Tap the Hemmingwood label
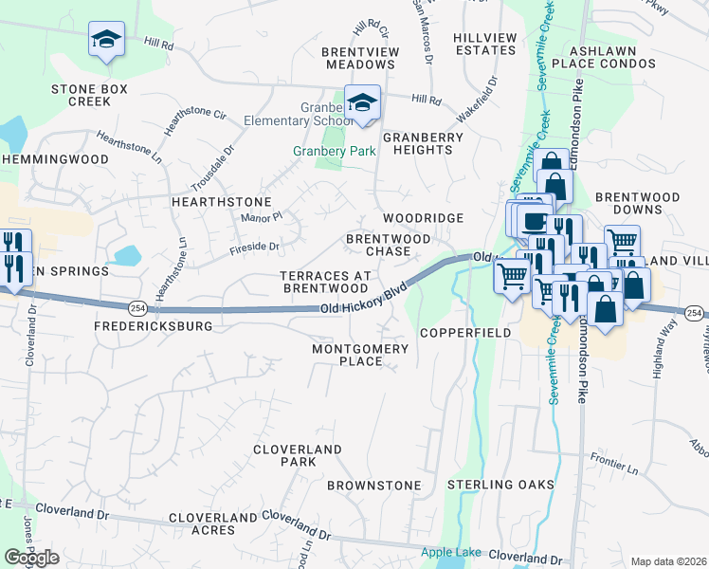[x=56, y=160]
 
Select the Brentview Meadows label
[x=359, y=58]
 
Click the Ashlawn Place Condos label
[x=612, y=56]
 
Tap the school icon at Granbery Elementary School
[x=361, y=103]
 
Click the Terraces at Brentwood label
[x=324, y=282]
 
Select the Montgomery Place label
[x=360, y=355]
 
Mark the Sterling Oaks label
[x=500, y=485]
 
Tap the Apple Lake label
[x=451, y=552]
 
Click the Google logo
[x=31, y=558]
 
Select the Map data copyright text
[x=668, y=561]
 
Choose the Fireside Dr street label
[x=255, y=248]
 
